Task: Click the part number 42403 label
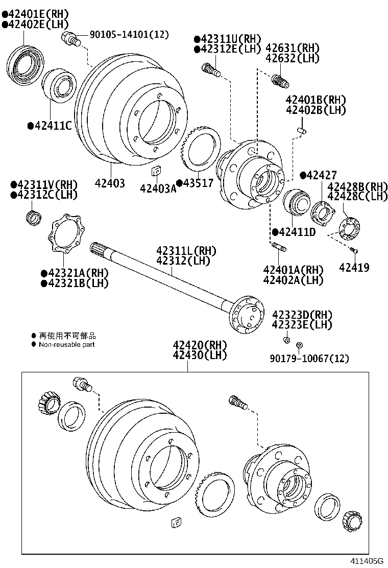(x=109, y=182)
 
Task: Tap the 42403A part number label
(x=158, y=189)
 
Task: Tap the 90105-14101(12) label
(x=129, y=35)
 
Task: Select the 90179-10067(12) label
(x=309, y=359)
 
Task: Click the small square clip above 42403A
(x=157, y=171)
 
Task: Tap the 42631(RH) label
(x=293, y=48)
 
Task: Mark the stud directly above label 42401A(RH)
(x=280, y=248)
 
